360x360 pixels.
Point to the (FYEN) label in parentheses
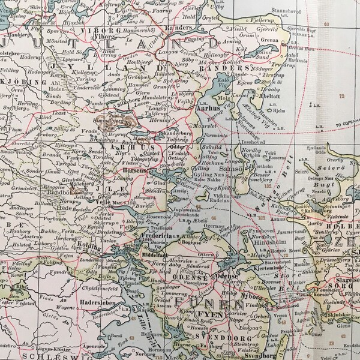point(208,313)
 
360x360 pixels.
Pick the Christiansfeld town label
point(95,287)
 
